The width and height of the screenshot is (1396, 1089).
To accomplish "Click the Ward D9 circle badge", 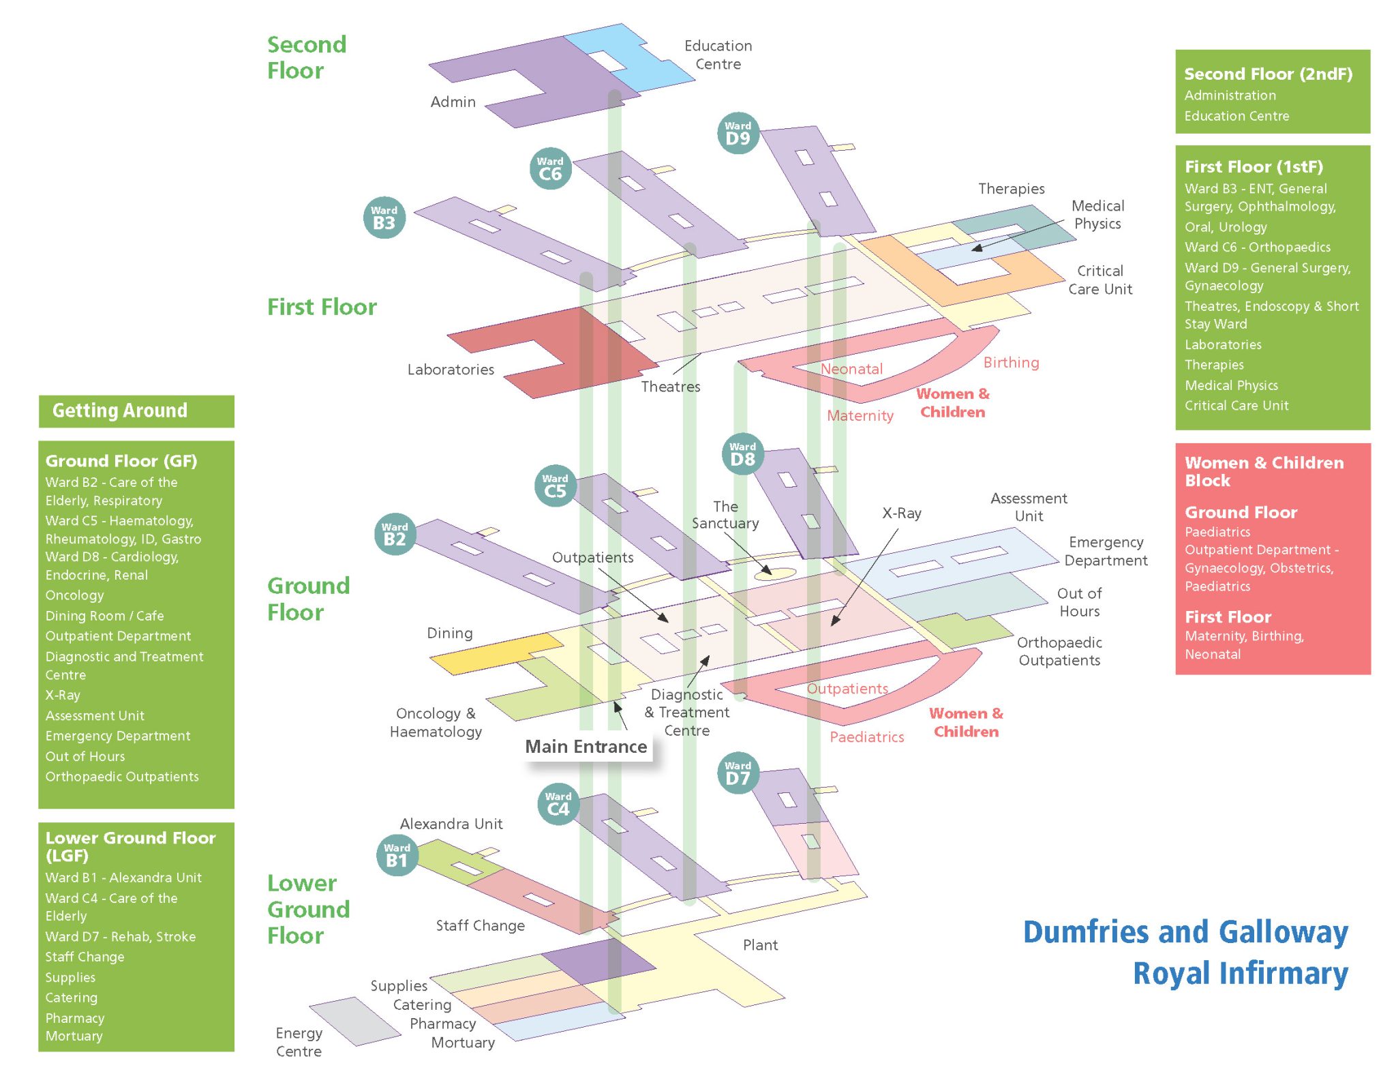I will click(x=738, y=133).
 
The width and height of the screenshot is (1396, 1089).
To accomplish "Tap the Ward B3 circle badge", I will click(x=384, y=218).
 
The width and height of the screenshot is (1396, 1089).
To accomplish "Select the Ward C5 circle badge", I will click(x=555, y=486).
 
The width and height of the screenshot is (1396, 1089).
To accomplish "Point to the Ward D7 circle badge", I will click(x=738, y=773).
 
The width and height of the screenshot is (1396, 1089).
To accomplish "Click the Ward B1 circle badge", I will click(x=397, y=855).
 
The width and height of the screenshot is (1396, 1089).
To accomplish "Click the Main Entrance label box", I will click(x=586, y=747).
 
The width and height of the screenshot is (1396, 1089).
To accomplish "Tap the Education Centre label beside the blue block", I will click(x=718, y=55).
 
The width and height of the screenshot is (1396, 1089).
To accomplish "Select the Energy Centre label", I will click(x=299, y=1042).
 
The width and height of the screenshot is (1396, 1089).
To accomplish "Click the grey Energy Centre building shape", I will click(x=354, y=1021).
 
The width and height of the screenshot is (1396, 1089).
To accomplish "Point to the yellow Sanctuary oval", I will click(x=775, y=574).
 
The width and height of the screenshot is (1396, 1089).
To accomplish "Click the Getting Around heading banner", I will click(x=136, y=411).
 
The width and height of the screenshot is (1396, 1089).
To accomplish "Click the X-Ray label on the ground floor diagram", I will click(x=901, y=513).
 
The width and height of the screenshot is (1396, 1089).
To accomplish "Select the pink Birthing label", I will click(x=1011, y=363).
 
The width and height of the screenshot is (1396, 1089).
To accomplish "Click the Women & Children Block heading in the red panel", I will click(x=1264, y=471).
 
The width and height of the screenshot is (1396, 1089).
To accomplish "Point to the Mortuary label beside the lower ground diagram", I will click(x=463, y=1043).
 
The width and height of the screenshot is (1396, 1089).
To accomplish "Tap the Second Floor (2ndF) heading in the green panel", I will click(x=1268, y=74).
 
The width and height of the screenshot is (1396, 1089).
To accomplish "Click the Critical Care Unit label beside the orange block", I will click(x=1099, y=280).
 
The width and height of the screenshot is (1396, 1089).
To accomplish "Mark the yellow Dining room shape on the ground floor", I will click(x=491, y=653).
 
